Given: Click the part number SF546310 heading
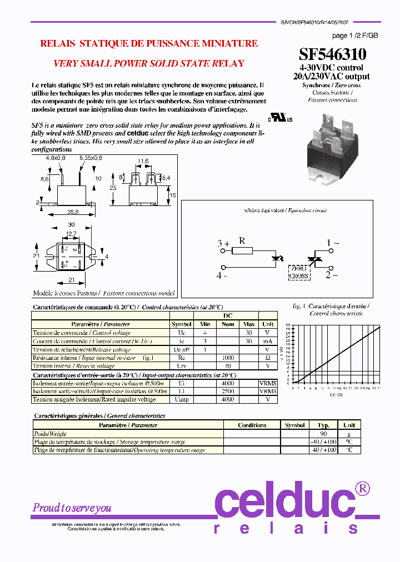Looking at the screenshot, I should tap(332, 54).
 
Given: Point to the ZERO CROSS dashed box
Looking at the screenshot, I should tap(299, 272).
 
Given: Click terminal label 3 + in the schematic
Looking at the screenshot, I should tap(223, 244).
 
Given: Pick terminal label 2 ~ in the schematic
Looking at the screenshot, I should tap(332, 274).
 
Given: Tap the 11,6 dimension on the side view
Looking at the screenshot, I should tap(143, 162).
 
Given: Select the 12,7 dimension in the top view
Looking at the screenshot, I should tap(71, 234).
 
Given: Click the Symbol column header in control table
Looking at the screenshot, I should tap(181, 324).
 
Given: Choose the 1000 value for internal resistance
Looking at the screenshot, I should tap(228, 358).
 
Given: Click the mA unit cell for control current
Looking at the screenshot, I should tap(268, 341).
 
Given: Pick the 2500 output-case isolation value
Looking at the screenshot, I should tap(228, 391).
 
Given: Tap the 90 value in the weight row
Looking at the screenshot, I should tap(323, 434).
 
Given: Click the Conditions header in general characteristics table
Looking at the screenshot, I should tap(252, 425).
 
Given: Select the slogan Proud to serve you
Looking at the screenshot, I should tap(72, 508).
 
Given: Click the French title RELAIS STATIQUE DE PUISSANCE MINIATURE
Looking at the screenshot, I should tap(149, 43).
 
